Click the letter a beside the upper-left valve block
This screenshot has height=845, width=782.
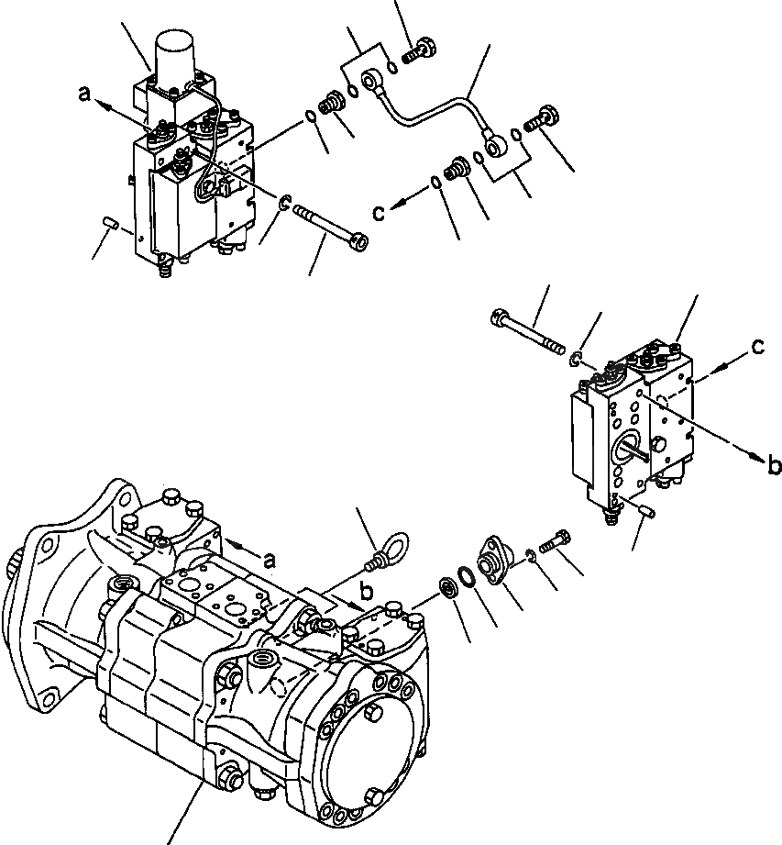pos(85,94)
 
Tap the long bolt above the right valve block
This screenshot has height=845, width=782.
pos(527,330)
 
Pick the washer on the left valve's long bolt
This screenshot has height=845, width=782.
pos(285,204)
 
